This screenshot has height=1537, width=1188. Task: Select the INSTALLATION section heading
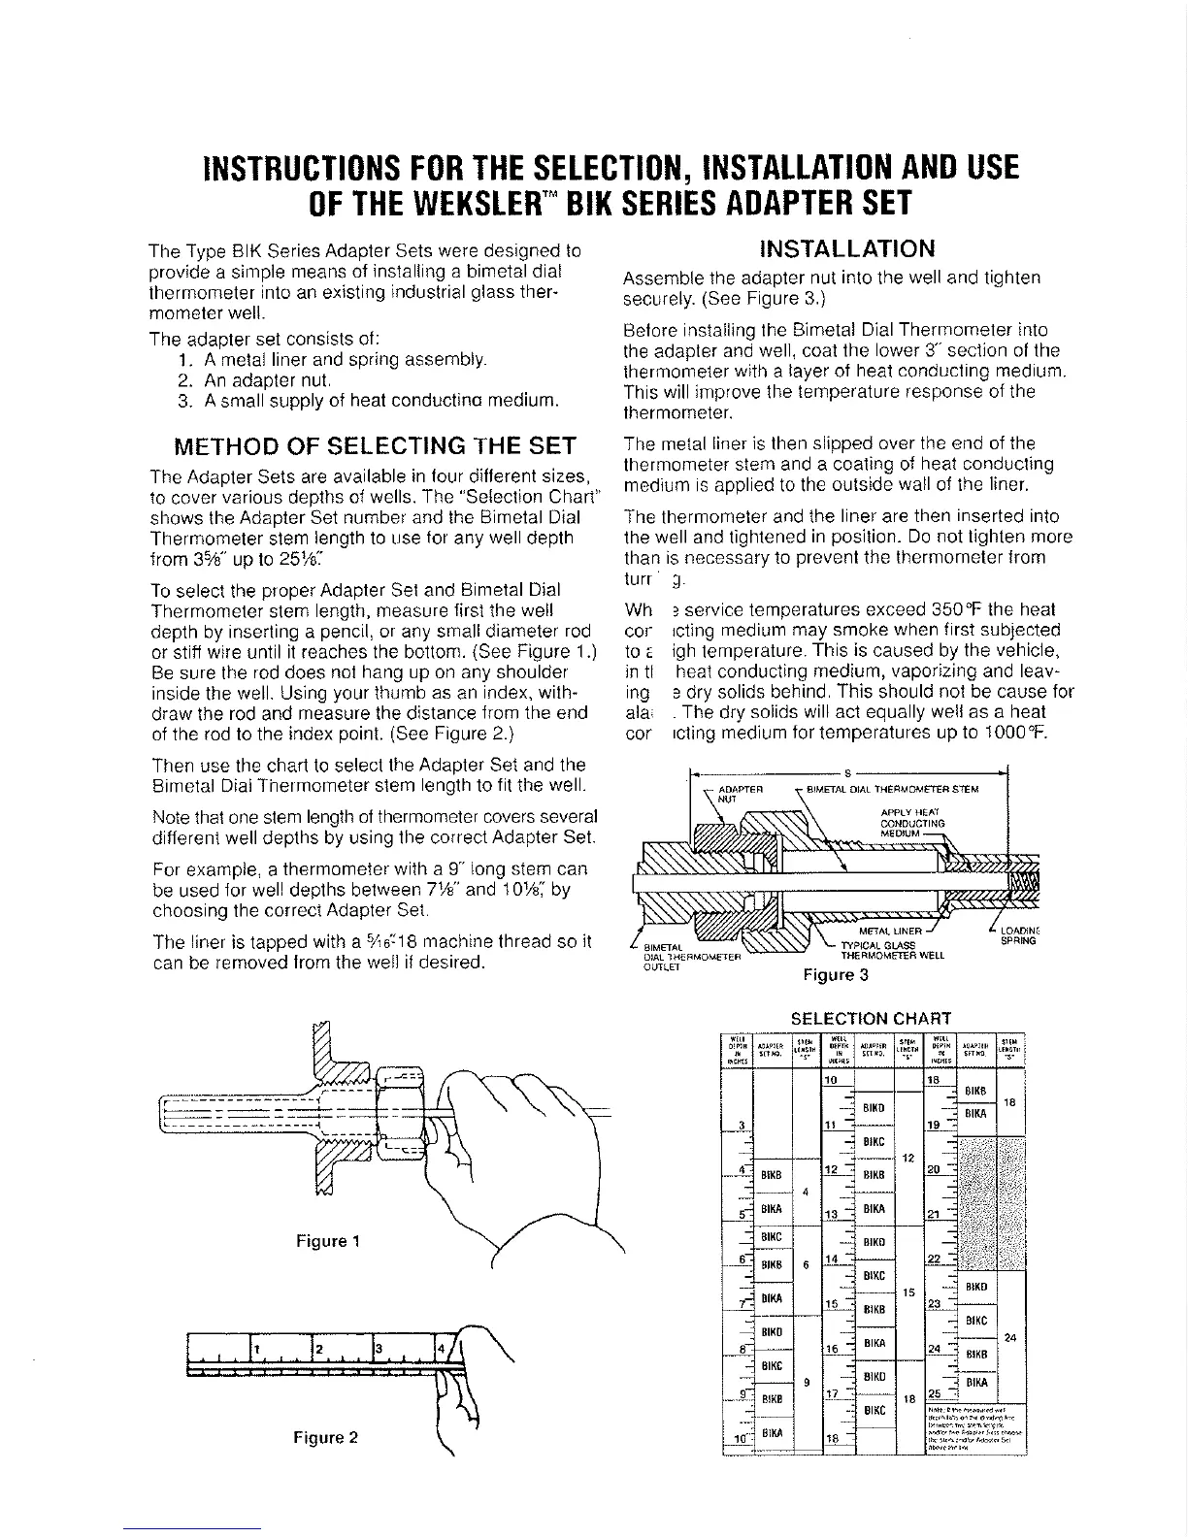click(848, 248)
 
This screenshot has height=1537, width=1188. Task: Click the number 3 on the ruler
click(378, 1350)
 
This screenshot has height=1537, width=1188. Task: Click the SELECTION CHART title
click(872, 1018)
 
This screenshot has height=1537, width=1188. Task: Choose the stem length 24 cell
click(1010, 1338)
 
